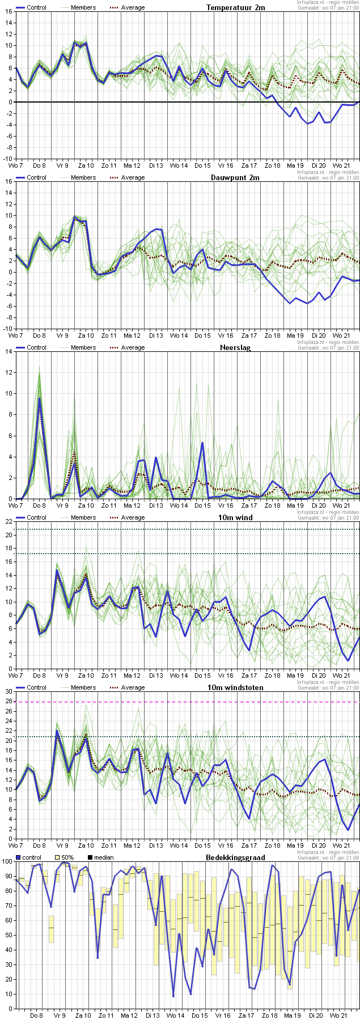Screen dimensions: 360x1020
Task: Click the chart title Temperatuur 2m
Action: [235, 7]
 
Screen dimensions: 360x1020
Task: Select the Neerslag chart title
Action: [235, 347]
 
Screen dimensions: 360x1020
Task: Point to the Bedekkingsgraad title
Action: [235, 857]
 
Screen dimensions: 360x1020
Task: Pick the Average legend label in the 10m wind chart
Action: [133, 517]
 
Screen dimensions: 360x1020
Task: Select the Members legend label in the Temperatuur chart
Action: [83, 7]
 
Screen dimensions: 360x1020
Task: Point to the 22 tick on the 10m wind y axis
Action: [9, 522]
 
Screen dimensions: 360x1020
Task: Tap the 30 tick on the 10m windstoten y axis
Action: [9, 692]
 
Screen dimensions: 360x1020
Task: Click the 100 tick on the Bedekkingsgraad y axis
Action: [7, 862]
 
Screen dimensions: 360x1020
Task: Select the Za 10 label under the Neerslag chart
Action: [86, 505]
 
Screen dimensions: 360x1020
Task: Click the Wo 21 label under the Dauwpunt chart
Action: [341, 335]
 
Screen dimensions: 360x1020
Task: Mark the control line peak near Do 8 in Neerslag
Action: [39, 398]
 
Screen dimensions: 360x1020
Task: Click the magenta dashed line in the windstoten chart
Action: [187, 702]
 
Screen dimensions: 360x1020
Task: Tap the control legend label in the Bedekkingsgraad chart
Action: [32, 857]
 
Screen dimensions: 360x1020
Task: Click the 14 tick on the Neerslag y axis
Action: [9, 352]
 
